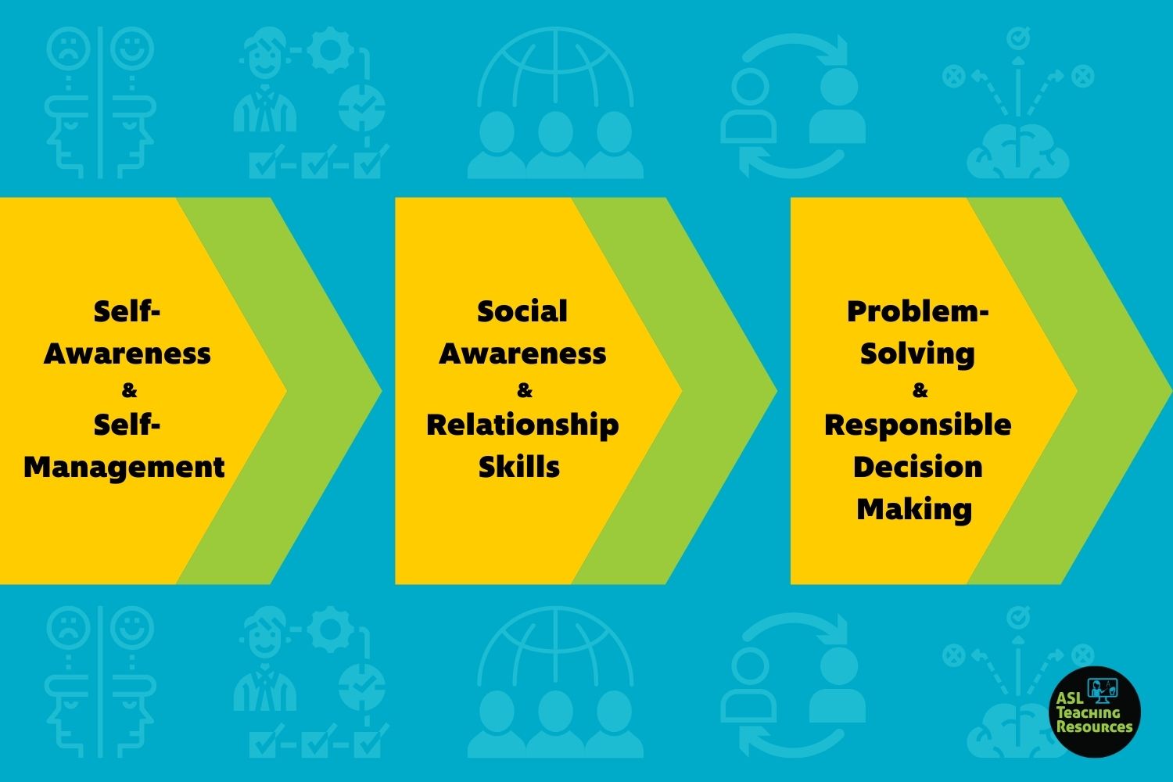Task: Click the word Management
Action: (x=124, y=468)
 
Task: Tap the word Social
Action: (x=522, y=311)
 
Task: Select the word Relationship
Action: (x=522, y=425)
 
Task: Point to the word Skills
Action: (x=519, y=467)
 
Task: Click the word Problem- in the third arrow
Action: (x=917, y=312)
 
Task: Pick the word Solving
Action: (x=917, y=354)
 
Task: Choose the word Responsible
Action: (x=917, y=425)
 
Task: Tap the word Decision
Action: (x=917, y=467)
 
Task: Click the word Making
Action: (x=914, y=510)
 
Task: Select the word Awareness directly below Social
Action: (x=522, y=353)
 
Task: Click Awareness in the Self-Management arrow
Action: (x=127, y=353)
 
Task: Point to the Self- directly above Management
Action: (x=127, y=425)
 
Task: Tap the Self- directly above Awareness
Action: (x=127, y=311)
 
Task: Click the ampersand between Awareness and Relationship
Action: (x=524, y=390)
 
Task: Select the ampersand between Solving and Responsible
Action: (x=920, y=390)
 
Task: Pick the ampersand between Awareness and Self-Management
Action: (x=129, y=390)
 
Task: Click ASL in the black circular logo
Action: (x=1070, y=698)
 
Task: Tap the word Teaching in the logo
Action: (x=1089, y=712)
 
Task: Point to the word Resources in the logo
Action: (x=1095, y=726)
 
